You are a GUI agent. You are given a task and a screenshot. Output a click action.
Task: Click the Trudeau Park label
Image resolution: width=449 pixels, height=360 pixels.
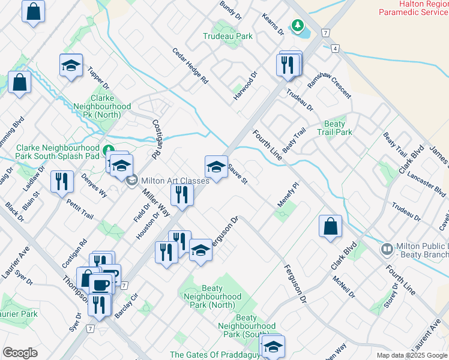[228, 36]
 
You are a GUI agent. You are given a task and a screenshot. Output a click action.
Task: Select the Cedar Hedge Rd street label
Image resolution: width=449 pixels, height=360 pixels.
[190, 66]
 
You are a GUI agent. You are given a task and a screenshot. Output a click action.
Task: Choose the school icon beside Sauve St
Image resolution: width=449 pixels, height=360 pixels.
[216, 166]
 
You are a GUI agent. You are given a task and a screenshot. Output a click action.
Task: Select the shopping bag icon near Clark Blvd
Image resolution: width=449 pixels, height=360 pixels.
[330, 226]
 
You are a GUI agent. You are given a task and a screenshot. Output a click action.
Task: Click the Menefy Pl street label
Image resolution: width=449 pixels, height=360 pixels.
[288, 196]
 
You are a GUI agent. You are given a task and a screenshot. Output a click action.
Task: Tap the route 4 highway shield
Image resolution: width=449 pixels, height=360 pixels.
[334, 47]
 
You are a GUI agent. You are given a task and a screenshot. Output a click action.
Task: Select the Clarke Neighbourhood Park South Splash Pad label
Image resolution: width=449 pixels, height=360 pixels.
[58, 152]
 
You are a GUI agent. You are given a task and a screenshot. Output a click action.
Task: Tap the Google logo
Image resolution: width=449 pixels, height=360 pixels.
[20, 353]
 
